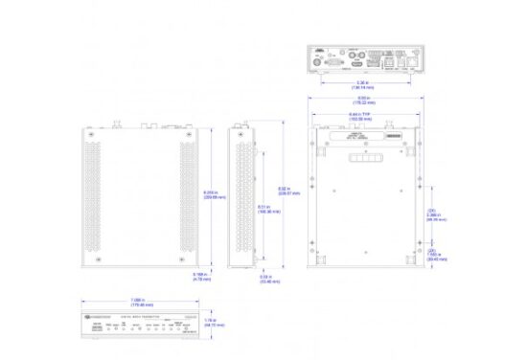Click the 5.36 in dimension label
point(361,84)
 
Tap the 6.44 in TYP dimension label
point(363,115)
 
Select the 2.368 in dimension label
point(431,216)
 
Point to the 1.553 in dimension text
point(431,256)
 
